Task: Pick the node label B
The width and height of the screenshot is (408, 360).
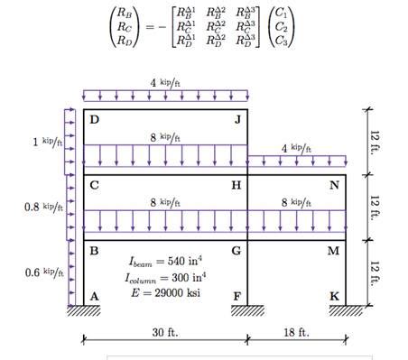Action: pos(94,250)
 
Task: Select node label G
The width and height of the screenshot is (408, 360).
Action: pos(236,250)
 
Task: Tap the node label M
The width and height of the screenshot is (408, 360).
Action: pos(334,250)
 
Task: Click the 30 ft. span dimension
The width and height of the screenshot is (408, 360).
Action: pos(165,332)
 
